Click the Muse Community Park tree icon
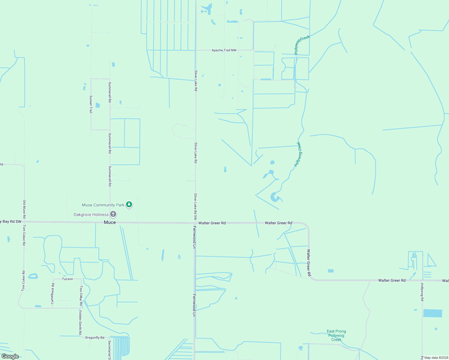(129, 205)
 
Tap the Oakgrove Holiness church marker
(113, 214)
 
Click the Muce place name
(110, 222)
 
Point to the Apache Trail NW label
(224, 50)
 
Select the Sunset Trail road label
(91, 104)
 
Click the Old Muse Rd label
(25, 209)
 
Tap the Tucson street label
(68, 279)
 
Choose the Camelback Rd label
(53, 294)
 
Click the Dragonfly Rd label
(95, 337)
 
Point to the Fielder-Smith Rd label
(80, 322)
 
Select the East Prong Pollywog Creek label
(336, 335)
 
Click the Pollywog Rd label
(422, 292)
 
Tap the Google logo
(10, 356)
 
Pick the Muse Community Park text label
(103, 205)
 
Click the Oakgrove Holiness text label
(91, 214)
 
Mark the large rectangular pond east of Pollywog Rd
(432, 313)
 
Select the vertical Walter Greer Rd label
(309, 263)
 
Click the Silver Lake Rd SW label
(196, 206)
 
